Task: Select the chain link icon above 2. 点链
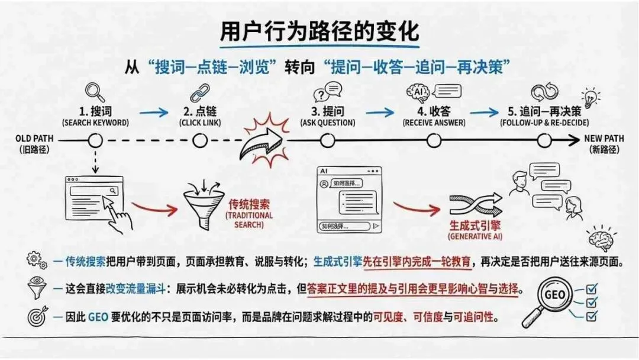(199, 93)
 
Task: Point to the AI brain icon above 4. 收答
(417, 93)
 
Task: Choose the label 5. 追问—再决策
(544, 111)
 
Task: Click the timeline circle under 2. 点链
(200, 140)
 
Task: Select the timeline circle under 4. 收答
(434, 140)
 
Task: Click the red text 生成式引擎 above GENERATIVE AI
(472, 226)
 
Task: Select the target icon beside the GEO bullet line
(37, 317)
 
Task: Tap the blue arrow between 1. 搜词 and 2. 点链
(153, 112)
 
